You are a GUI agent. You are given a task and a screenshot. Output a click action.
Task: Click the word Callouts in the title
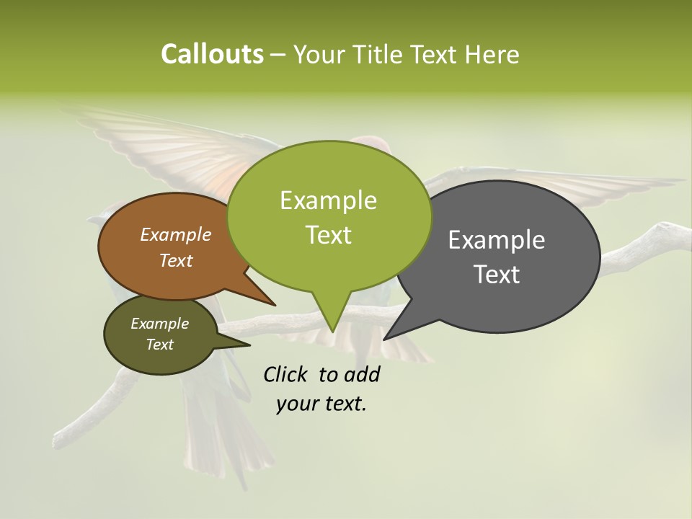coord(212,54)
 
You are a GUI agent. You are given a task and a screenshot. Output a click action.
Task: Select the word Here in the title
coord(491,54)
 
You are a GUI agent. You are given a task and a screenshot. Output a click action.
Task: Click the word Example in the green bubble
coord(328,200)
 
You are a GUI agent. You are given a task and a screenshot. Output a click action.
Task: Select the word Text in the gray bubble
coord(497,275)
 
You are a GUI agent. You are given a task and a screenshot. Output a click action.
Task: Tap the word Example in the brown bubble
coord(175,234)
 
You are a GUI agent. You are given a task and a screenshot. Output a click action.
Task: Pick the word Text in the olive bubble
coord(159,345)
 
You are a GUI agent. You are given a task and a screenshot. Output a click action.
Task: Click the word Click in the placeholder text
coord(285,374)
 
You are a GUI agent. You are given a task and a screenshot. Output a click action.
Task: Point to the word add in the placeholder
coord(362,374)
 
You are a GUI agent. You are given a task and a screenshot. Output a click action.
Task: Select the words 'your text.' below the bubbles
coord(321,404)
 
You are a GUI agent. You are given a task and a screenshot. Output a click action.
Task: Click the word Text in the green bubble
coord(329,235)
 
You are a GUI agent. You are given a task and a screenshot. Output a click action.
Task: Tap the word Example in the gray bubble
coord(497,240)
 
